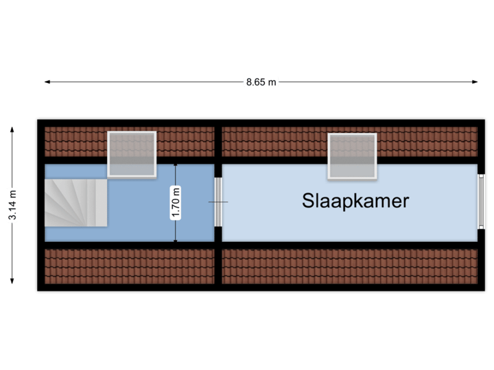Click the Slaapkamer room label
click(355, 201)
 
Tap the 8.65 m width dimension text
click(261, 82)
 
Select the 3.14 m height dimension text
click(12, 204)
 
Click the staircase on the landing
click(75, 202)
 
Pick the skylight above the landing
click(132, 154)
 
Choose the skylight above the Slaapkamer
click(353, 156)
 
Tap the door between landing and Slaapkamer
click(218, 202)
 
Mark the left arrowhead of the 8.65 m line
click(46, 82)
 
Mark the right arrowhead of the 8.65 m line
click(476, 82)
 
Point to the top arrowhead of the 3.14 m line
click(12, 127)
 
